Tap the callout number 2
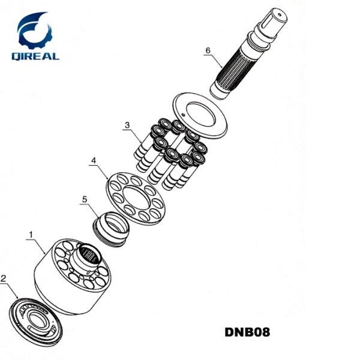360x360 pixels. pos(5,278)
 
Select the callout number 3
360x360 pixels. pos(127,125)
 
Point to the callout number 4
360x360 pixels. pos(94,160)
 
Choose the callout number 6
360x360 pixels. pos(208,50)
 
